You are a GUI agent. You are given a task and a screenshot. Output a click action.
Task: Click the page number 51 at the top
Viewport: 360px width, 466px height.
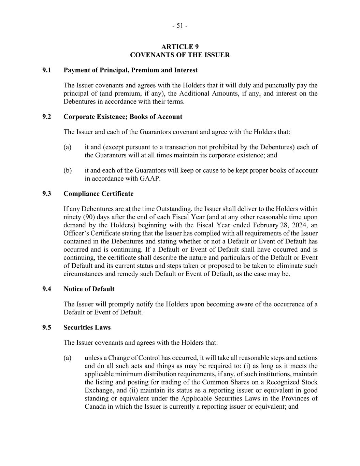point(180,26)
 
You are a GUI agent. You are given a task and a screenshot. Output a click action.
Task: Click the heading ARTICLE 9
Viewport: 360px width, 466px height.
point(180,47)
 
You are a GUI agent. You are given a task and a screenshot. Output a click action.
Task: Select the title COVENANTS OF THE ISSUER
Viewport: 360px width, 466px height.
point(180,55)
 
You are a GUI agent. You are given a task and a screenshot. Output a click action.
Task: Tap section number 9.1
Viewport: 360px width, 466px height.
point(47,70)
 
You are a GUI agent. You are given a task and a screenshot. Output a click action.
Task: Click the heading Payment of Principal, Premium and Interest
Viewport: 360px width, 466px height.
point(130,70)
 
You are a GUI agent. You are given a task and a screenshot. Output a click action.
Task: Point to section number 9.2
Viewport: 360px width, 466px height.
point(47,117)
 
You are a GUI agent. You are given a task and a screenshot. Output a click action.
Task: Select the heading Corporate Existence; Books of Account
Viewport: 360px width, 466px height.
point(123,117)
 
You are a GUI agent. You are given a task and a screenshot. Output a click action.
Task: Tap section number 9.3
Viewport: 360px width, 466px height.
point(47,194)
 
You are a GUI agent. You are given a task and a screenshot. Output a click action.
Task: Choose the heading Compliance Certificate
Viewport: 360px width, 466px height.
point(98,194)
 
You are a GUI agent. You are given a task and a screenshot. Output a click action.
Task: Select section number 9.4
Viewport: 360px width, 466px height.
point(47,289)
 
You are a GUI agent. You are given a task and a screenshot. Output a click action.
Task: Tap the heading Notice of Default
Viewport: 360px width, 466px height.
point(89,289)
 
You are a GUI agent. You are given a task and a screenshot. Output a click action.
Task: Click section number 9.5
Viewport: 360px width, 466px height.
point(47,328)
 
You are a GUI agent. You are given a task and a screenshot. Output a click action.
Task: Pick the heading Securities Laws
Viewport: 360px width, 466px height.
point(87,328)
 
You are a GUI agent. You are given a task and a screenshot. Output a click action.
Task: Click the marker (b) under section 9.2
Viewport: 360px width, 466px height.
point(67,170)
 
